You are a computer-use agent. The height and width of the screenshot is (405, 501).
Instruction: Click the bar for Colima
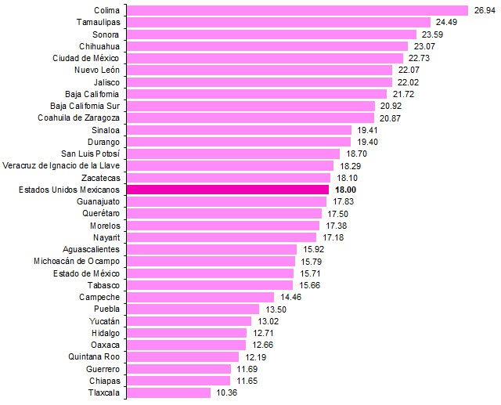297,10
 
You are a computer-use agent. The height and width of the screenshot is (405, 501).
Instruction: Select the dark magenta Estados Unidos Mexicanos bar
227,190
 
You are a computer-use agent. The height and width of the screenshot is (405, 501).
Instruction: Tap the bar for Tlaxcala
168,392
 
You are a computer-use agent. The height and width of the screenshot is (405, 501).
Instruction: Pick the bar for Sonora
271,34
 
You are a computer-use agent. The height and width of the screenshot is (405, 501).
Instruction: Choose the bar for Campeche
200,297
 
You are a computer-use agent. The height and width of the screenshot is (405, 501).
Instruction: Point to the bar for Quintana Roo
182,356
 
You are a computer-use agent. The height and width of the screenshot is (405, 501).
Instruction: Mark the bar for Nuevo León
259,70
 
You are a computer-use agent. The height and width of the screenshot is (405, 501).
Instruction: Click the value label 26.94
484,10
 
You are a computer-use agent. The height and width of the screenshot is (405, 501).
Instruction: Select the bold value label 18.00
346,190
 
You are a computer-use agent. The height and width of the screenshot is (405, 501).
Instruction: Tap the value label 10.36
225,392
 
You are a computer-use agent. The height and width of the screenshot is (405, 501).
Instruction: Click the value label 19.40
368,142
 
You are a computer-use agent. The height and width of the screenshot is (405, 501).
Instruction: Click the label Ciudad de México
86,58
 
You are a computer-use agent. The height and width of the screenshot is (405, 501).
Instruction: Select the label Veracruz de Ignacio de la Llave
62,165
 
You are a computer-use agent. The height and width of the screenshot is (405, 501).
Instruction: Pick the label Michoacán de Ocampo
77,261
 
